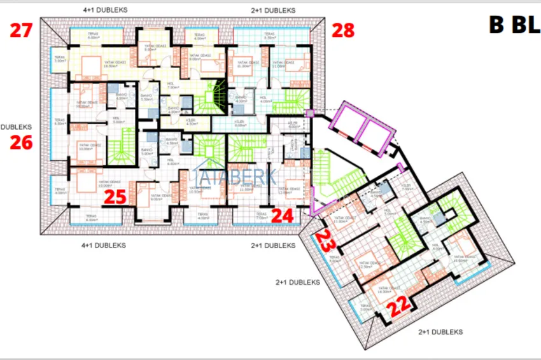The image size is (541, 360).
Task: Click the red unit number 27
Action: point(20,30)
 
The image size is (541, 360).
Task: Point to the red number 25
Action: point(115,197)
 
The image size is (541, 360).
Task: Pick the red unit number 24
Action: point(282,216)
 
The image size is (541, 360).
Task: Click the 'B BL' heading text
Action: point(513,25)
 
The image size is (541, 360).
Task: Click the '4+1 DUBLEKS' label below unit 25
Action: point(104,245)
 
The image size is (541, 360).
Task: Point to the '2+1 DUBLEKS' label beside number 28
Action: point(273,11)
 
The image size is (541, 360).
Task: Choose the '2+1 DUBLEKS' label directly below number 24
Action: point(273,245)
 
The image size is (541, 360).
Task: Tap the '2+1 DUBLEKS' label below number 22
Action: point(440,332)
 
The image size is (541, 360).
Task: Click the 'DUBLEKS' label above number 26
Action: point(16,127)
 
